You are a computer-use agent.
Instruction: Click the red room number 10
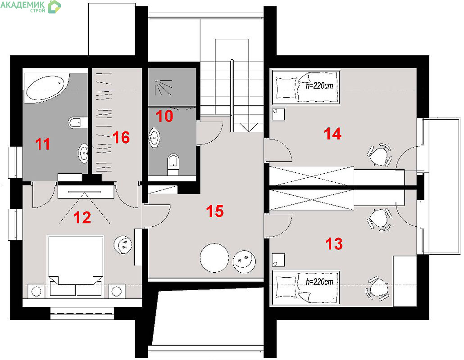click(x=164, y=116)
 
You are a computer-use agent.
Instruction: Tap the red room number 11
click(x=43, y=144)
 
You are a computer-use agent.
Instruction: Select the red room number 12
click(x=82, y=218)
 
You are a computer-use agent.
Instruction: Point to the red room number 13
click(x=334, y=244)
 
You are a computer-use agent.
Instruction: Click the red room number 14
click(x=333, y=134)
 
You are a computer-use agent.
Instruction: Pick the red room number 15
click(x=215, y=211)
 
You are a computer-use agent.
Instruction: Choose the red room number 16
click(x=121, y=138)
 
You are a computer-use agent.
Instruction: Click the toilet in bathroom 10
click(x=173, y=164)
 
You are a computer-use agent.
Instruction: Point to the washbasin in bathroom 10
click(x=155, y=137)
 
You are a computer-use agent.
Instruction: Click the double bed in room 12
click(x=76, y=265)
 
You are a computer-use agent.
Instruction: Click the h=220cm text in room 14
click(x=319, y=85)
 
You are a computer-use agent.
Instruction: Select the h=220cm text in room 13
click(x=319, y=282)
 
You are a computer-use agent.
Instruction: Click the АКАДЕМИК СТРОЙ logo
click(x=31, y=7)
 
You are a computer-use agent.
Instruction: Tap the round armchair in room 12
click(x=123, y=245)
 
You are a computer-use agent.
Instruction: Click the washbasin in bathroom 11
click(x=83, y=153)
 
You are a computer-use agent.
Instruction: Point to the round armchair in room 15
click(x=245, y=261)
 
